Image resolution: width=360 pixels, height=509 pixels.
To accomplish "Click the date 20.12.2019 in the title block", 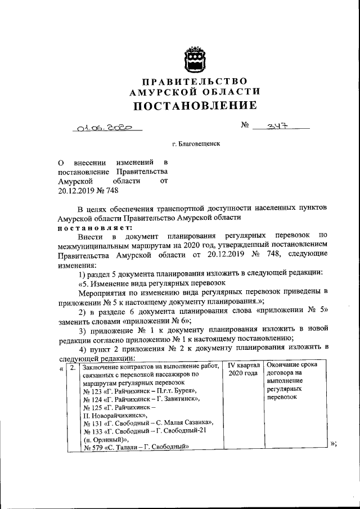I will coord(78,191).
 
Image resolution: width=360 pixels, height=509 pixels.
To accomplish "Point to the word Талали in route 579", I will coord(127,448).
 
